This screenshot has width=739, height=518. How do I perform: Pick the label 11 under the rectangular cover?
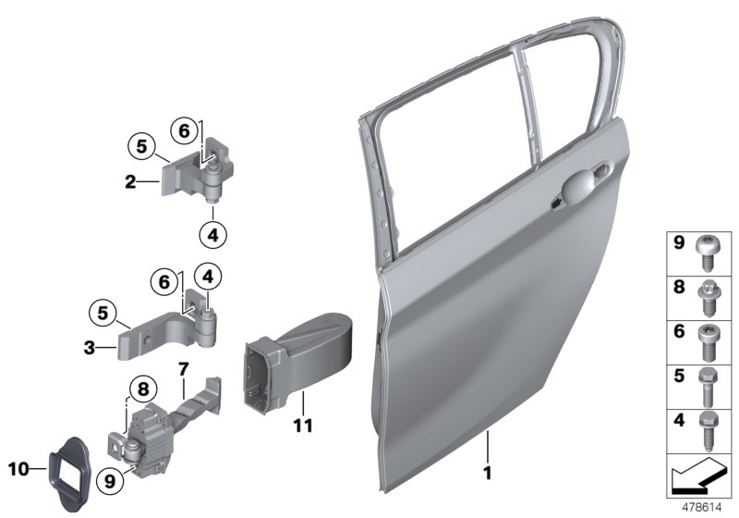pos(302,426)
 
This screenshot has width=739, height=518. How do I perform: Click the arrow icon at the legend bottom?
pos(698,479)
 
